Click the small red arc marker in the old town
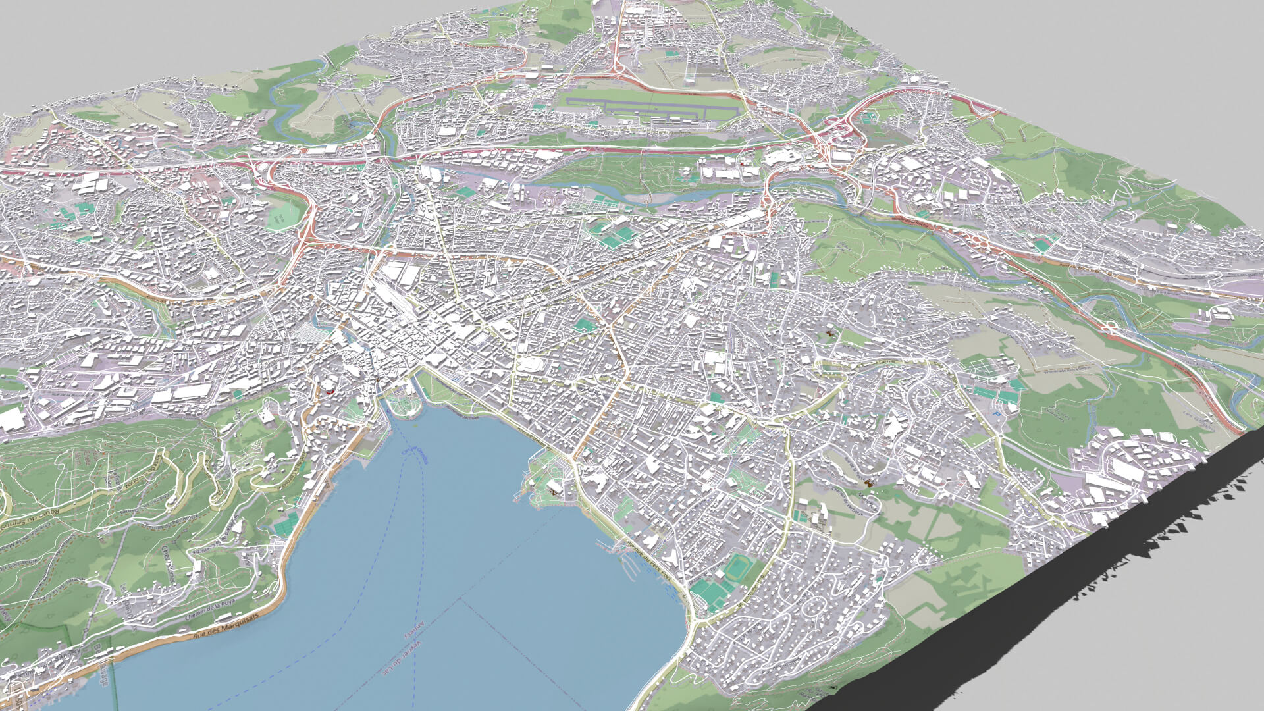click(329, 390)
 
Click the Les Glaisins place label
click(1198, 421)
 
